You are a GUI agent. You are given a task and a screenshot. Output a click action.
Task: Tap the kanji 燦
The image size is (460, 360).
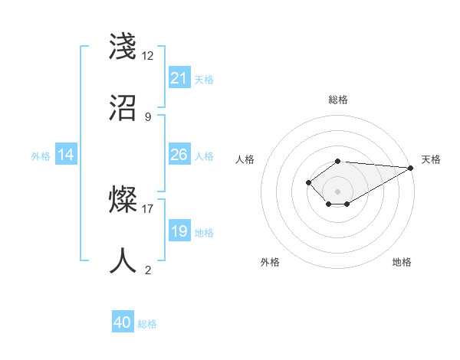pyautogui.click(x=123, y=200)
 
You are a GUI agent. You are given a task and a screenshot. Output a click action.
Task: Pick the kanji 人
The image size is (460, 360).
pyautogui.click(x=123, y=260)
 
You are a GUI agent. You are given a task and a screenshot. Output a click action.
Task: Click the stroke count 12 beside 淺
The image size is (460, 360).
pyautogui.click(x=148, y=56)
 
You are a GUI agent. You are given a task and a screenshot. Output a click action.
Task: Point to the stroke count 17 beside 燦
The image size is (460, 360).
pyautogui.click(x=148, y=208)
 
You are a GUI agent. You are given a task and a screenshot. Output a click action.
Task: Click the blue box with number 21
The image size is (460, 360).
pyautogui.click(x=179, y=78)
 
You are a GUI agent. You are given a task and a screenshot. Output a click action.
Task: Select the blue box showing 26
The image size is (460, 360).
pyautogui.click(x=179, y=155)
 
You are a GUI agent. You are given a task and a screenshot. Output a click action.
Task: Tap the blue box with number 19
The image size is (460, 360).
pyautogui.click(x=179, y=231)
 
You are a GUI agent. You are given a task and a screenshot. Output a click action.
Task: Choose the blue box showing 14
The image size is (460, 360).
pyautogui.click(x=66, y=155)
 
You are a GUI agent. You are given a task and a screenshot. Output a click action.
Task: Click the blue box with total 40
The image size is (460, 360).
pyautogui.click(x=123, y=322)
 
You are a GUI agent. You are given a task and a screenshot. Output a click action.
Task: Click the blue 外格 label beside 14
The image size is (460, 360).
pyautogui.click(x=41, y=155)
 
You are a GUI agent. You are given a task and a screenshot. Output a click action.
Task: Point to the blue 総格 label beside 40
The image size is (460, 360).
pyautogui.click(x=147, y=324)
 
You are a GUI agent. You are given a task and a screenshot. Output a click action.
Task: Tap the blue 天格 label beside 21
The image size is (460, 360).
pyautogui.click(x=204, y=79)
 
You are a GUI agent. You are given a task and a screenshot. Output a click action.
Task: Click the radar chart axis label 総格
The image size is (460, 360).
pyautogui.click(x=338, y=100)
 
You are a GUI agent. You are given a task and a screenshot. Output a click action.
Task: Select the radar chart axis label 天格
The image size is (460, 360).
pyautogui.click(x=432, y=159)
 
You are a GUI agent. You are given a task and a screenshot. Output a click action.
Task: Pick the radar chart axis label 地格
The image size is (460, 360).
pyautogui.click(x=402, y=262)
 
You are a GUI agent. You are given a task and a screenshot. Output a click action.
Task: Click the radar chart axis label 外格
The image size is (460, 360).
pyautogui.click(x=270, y=262)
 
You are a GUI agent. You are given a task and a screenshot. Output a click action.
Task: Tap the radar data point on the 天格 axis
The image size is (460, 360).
pyautogui.click(x=411, y=167)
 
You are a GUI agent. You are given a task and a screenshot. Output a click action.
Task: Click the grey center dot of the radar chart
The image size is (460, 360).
pyautogui.click(x=338, y=191)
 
